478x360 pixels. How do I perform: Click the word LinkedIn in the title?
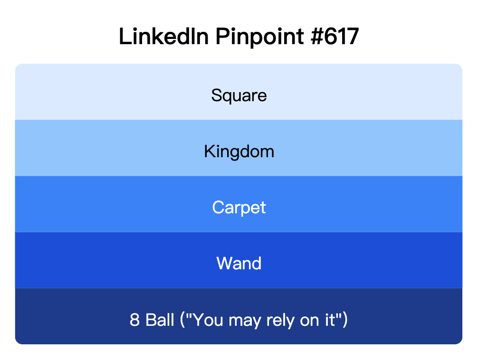click(163, 37)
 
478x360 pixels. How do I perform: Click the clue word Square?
click(239, 95)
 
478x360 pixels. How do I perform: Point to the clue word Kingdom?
click(239, 152)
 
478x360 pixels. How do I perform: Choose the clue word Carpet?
click(239, 208)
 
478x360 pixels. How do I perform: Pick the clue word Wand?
click(239, 263)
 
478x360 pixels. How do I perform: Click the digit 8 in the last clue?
click(134, 320)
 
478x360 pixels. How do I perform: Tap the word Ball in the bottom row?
click(160, 320)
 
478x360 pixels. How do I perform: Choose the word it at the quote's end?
click(331, 320)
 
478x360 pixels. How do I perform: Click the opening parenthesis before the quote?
click(182, 320)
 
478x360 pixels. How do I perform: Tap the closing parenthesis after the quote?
click(345, 320)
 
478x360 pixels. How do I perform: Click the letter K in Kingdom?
click(209, 152)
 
